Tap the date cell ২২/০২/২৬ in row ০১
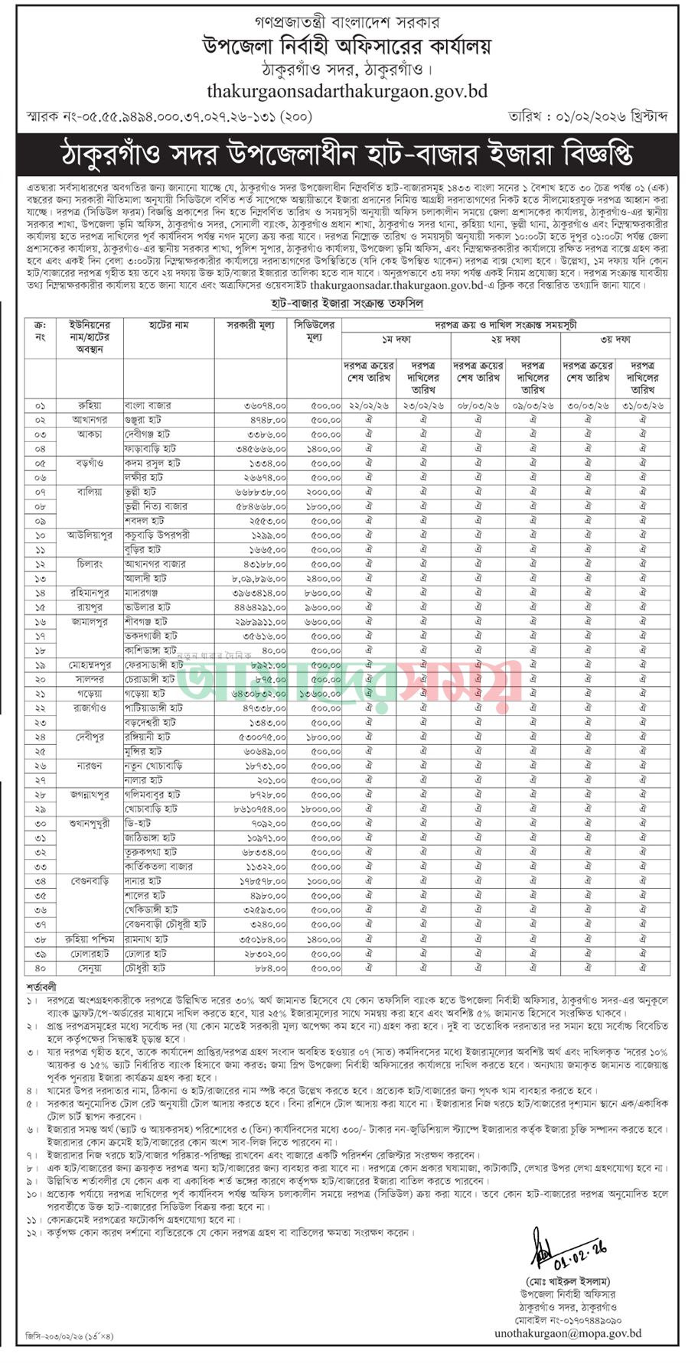[x=369, y=405]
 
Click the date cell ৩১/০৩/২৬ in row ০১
[x=642, y=405]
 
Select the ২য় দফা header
[x=504, y=340]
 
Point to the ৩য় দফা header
[x=615, y=340]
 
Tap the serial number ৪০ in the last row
[x=40, y=968]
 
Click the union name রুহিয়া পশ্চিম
[x=90, y=938]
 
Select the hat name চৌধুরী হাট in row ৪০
[x=145, y=968]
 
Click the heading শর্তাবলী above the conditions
[x=41, y=987]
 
